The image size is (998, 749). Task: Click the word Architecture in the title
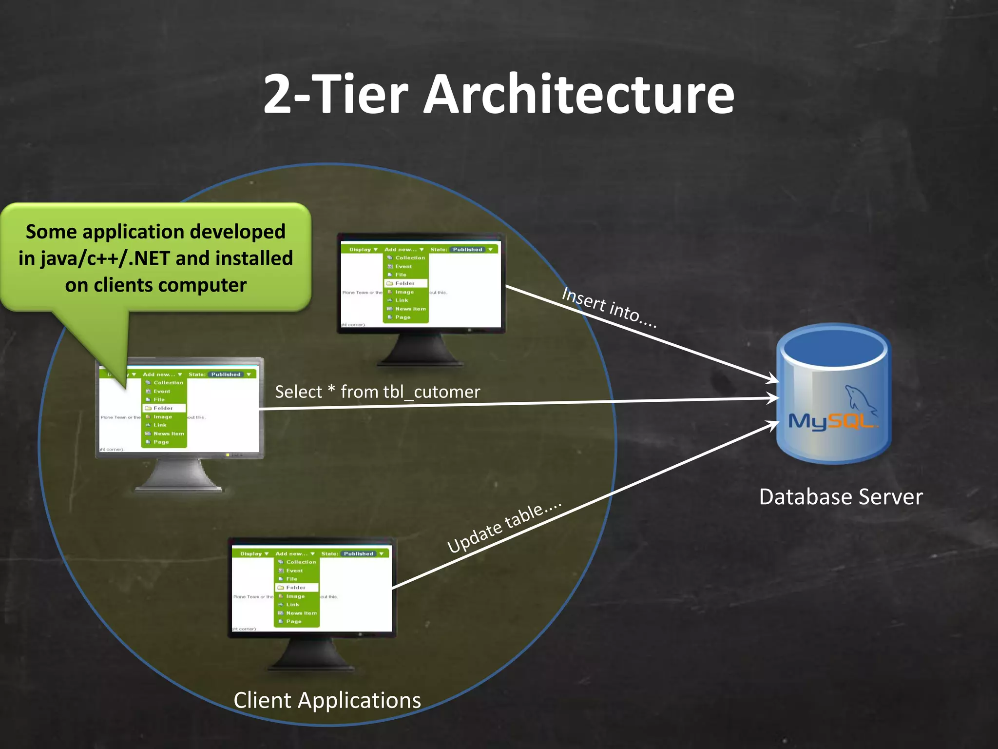(x=578, y=95)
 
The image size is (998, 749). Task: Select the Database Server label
(x=841, y=497)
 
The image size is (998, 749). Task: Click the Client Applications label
(x=327, y=700)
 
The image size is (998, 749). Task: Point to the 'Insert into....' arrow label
(x=609, y=307)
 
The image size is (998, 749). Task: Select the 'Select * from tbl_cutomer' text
(x=377, y=392)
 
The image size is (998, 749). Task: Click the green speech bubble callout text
(x=155, y=258)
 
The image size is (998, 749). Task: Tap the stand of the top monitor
(x=420, y=350)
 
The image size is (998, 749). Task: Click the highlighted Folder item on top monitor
(x=405, y=283)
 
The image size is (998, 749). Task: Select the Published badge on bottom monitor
(x=358, y=553)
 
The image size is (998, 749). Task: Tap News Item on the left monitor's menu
(x=168, y=434)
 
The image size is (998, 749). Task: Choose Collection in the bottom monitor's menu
(x=301, y=562)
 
